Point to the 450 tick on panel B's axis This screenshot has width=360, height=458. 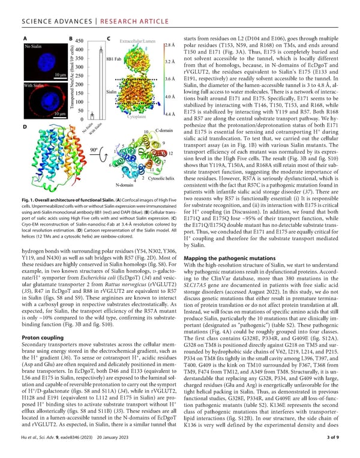click(77, 41)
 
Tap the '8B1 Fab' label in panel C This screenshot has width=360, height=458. click(114, 60)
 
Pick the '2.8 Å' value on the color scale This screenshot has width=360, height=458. click(169, 45)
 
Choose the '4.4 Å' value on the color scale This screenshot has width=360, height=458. click(169, 113)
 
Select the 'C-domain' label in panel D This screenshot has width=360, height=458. click(164, 130)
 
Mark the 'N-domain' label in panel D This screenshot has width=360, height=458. click(124, 184)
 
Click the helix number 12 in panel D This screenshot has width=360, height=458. click(171, 154)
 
